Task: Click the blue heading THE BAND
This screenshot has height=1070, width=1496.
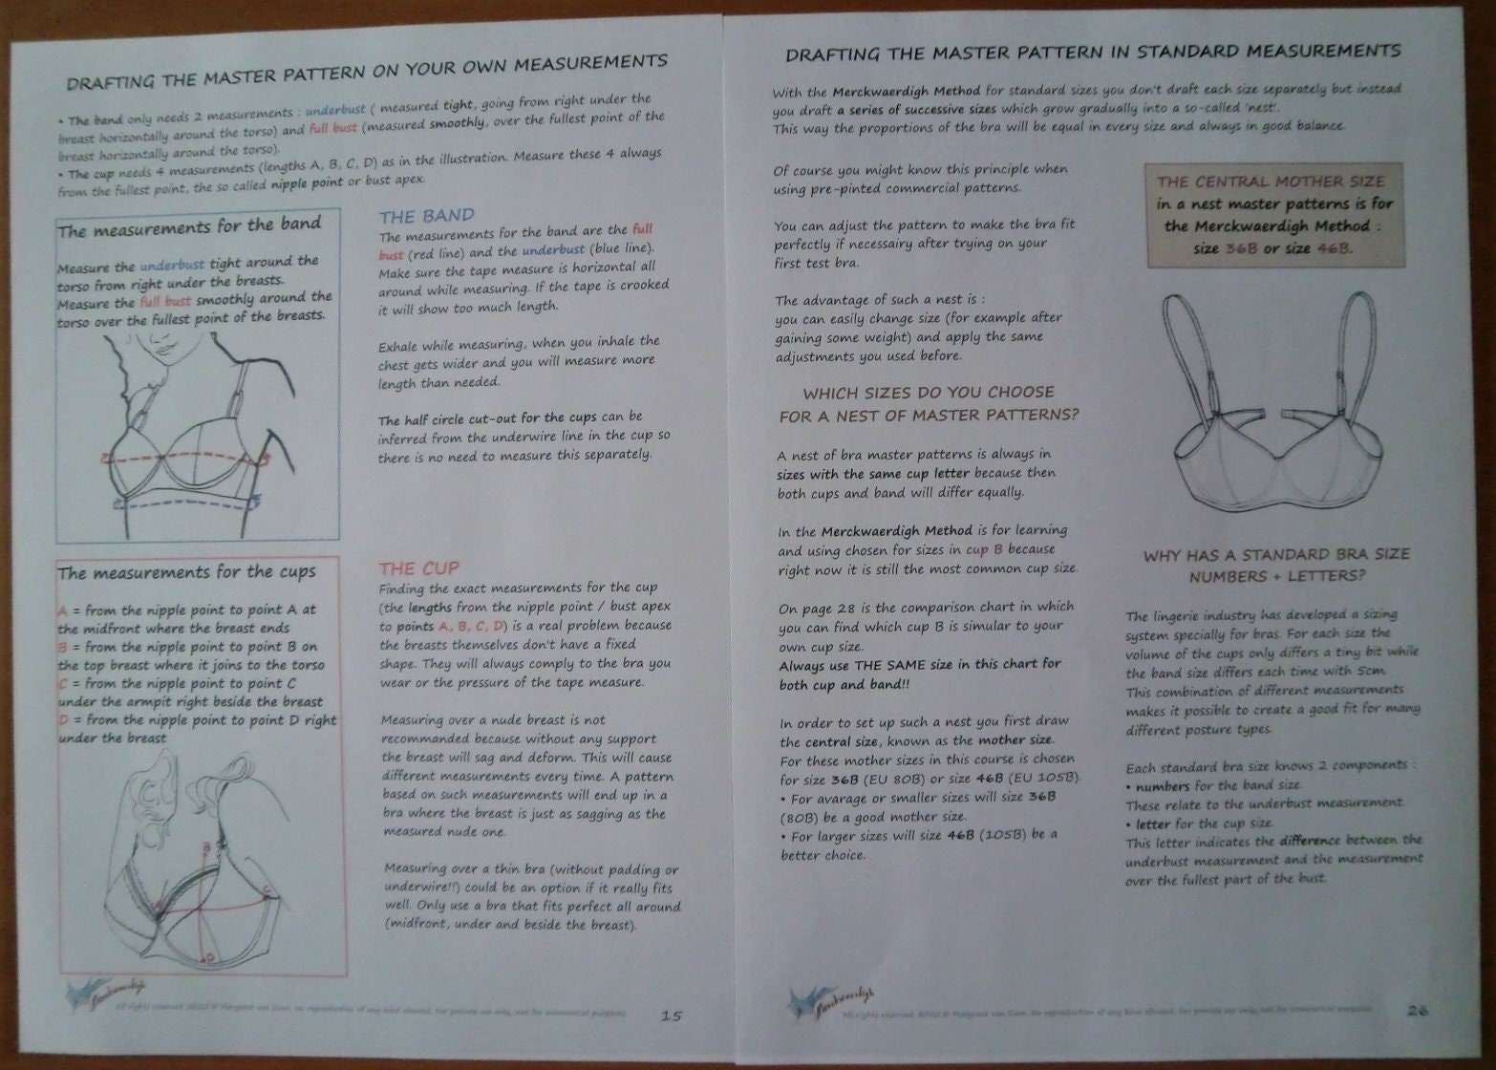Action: click(426, 216)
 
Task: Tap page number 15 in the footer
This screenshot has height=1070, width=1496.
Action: click(672, 1016)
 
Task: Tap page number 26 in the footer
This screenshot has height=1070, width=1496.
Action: click(1418, 1010)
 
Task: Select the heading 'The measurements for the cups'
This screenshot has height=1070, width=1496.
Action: click(186, 572)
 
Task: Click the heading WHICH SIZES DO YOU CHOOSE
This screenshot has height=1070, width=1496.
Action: click(929, 393)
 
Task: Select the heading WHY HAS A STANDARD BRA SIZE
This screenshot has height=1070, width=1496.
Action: click(1276, 555)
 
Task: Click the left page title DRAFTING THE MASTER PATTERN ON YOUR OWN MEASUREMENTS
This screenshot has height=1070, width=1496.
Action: click(367, 72)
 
